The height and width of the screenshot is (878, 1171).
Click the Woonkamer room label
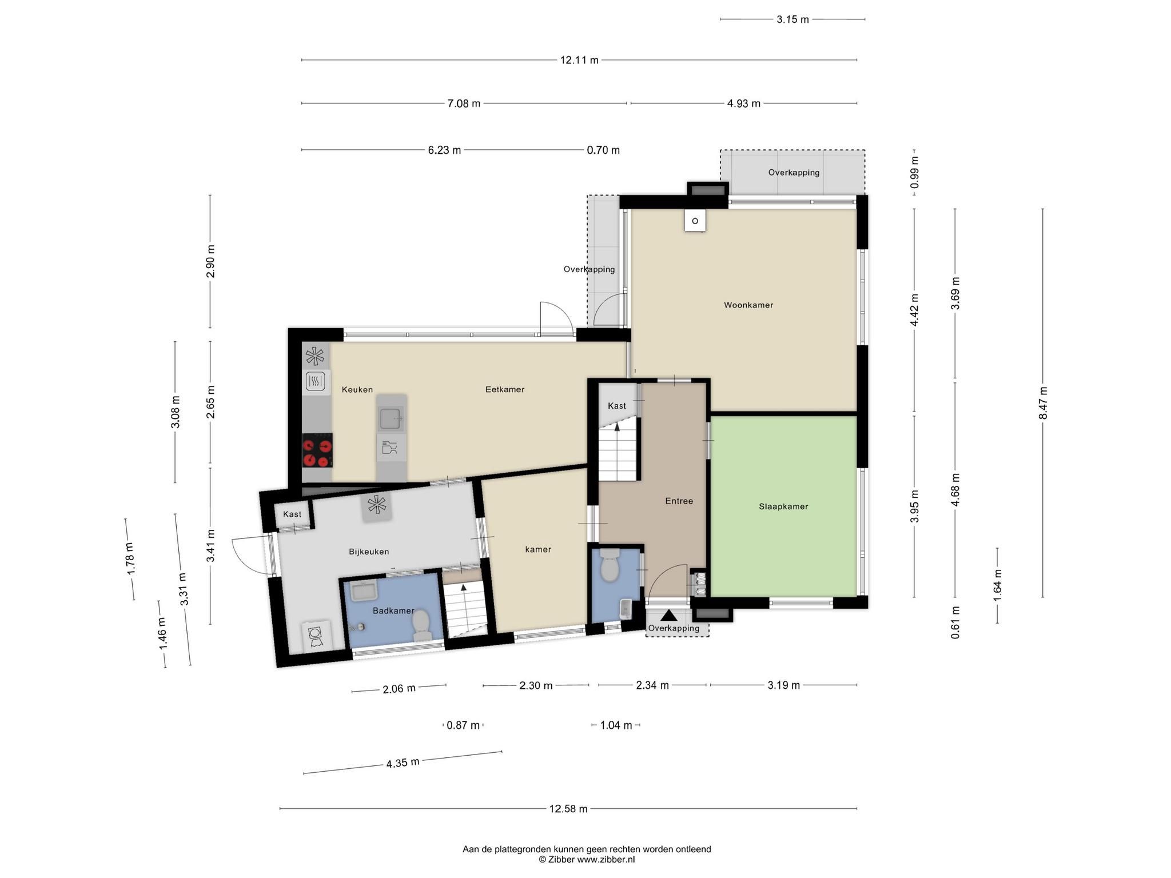point(748,305)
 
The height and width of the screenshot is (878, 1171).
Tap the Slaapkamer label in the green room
point(783,506)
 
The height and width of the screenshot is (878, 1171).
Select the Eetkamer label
point(505,390)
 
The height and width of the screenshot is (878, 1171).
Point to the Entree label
point(679,501)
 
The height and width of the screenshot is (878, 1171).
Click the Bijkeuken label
point(369,552)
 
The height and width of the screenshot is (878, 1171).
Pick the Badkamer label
point(393,611)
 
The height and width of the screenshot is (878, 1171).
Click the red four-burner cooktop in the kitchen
point(317,450)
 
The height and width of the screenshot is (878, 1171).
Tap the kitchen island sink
point(392,418)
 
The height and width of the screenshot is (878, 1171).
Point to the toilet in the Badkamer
point(421,625)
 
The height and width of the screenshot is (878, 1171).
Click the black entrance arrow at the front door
point(668,616)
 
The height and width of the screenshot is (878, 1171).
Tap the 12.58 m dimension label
point(568,809)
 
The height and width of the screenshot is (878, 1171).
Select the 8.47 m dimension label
point(1043,403)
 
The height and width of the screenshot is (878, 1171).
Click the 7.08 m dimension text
point(464,103)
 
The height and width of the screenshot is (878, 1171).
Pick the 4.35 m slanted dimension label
point(403,763)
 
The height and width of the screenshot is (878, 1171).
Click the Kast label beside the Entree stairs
point(617,406)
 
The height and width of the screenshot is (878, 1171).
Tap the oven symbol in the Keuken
point(316,381)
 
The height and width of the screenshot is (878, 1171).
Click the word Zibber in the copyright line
point(561,859)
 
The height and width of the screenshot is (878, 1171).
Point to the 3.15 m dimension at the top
point(793,19)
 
